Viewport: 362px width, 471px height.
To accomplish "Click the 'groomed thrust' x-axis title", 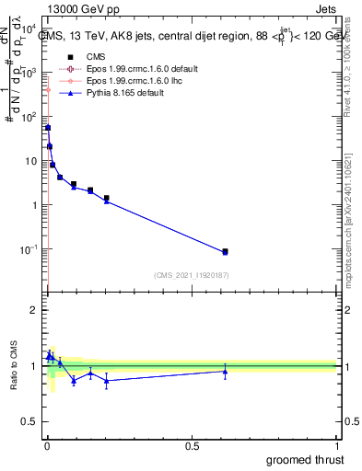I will (x=306, y=459).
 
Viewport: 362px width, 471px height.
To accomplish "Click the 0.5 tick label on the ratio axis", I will (x=29, y=423).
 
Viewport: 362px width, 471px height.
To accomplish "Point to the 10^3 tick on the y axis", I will (x=30, y=72).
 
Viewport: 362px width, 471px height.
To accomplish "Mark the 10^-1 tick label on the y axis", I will (x=29, y=249).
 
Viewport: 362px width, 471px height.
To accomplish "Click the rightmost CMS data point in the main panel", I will (x=225, y=251).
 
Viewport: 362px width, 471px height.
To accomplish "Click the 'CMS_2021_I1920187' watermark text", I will (x=191, y=275).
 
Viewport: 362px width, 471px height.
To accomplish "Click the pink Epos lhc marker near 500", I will (x=48, y=88).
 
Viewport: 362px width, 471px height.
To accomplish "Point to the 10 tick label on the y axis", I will (x=31, y=161).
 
